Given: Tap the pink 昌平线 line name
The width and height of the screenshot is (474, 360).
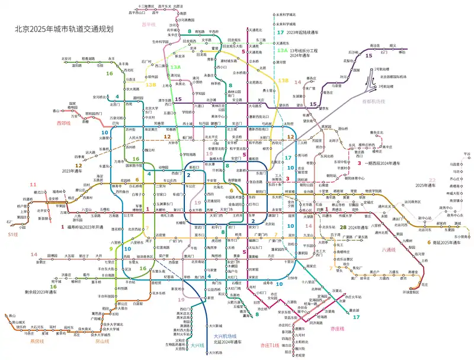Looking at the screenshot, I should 148,25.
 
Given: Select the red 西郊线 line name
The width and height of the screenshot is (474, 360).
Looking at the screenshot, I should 63,123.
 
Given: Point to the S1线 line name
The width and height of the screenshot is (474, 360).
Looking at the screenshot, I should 12,235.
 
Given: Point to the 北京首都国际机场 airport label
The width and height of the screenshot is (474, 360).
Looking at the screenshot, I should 393,77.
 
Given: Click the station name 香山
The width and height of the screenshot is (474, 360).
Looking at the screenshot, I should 56,111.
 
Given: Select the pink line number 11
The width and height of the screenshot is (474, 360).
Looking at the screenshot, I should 33,184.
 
